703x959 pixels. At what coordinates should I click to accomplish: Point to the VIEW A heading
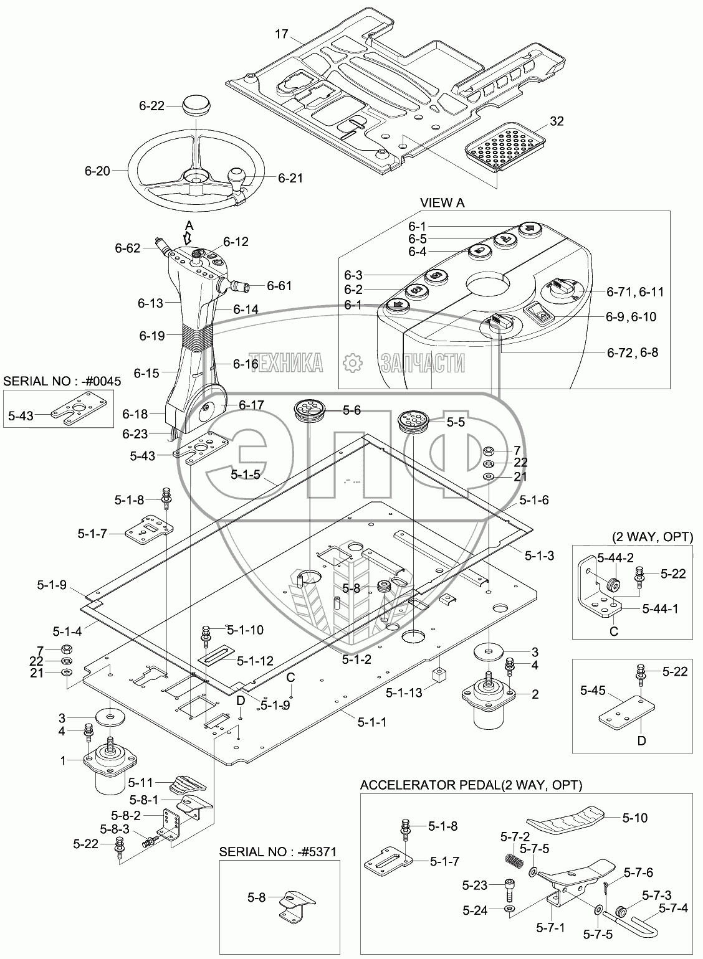pos(442,203)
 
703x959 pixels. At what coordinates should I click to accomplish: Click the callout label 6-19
pos(152,336)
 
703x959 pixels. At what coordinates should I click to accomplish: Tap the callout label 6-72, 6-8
pos(632,352)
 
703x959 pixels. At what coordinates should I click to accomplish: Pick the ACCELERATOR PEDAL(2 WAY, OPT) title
pos(471,785)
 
